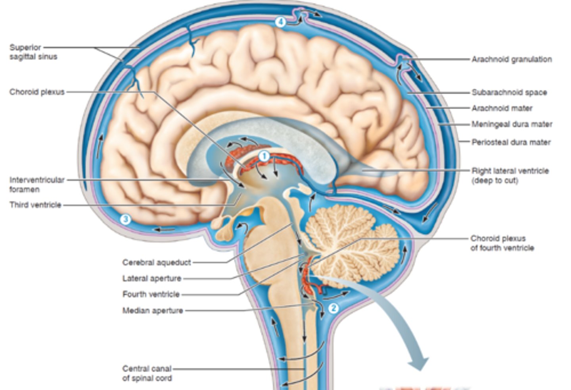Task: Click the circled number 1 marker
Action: point(264,156)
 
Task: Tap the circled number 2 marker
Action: point(333,308)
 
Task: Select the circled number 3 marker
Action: point(125,219)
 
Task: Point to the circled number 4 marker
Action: point(280,22)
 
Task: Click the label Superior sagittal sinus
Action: point(33,52)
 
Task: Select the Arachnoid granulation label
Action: point(511,60)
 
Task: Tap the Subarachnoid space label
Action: point(509,93)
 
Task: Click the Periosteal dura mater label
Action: point(511,142)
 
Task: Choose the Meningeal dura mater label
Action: point(512,124)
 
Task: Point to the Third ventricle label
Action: point(35,205)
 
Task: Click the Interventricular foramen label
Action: point(36,185)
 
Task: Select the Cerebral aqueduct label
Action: point(157,263)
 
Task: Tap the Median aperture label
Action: point(153,311)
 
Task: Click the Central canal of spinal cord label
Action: point(147,373)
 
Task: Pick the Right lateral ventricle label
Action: point(510,176)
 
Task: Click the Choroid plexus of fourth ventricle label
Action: point(502,243)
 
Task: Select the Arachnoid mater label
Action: point(502,108)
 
